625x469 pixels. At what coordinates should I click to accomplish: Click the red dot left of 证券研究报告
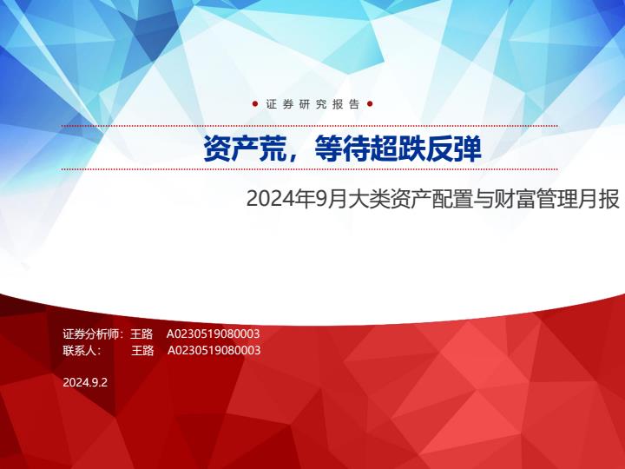coord(255,104)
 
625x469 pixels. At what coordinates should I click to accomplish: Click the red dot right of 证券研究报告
coord(370,104)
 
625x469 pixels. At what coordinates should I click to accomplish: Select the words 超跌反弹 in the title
coord(426,149)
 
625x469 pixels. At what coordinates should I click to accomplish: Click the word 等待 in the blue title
coord(342,149)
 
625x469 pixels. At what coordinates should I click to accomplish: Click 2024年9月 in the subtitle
coord(297,199)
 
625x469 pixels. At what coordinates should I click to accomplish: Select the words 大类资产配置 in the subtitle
coord(410,199)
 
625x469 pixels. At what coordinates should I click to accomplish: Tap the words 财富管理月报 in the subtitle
coord(556,199)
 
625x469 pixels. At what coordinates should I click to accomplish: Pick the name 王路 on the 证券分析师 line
coord(141,334)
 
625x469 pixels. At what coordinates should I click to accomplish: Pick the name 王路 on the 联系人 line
coord(142,350)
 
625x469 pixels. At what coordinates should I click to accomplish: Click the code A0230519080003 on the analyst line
coord(213,334)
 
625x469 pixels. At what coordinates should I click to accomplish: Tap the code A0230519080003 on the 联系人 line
coord(214,350)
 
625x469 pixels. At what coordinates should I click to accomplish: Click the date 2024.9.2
coord(85,382)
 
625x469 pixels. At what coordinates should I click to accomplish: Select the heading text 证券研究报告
coord(312,104)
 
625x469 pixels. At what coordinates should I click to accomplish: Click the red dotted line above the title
coord(309,126)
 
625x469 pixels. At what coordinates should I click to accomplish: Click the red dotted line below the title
coord(309,169)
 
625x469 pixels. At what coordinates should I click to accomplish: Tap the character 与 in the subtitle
coord(483,199)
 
